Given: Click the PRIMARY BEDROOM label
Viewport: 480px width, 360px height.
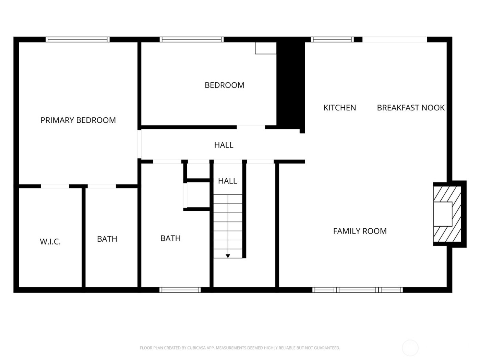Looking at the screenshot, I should pos(78,120).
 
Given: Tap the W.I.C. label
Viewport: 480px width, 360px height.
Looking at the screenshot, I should pos(50,242).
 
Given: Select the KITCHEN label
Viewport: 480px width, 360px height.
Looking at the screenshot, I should pos(339,108).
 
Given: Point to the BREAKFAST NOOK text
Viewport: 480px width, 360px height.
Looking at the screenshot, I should pos(410,108).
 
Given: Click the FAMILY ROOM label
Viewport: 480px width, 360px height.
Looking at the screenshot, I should pos(360,231).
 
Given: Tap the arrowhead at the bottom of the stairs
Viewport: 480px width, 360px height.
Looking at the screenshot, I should pos(228,256).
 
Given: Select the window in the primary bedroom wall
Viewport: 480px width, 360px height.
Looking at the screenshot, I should pos(78,39).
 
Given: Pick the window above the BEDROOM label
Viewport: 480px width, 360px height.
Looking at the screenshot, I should pos(192,39).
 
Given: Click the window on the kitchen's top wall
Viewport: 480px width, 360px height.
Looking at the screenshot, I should pos(332,39).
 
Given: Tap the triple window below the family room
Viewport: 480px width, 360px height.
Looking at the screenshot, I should pos(358,290).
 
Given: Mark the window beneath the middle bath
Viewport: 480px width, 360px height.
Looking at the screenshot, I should pos(180,290).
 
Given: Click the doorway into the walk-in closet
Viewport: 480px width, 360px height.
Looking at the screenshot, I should pos(55,186).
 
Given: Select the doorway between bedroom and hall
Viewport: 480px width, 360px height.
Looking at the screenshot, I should pos(251,127).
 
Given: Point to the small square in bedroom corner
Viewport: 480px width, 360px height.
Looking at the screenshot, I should pos(265,48).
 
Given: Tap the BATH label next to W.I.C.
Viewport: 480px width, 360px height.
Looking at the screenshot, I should pos(107,239).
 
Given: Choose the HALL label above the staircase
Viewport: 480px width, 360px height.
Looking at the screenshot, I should pos(227,181).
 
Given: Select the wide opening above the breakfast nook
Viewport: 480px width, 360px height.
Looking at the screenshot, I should pos(395,39).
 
